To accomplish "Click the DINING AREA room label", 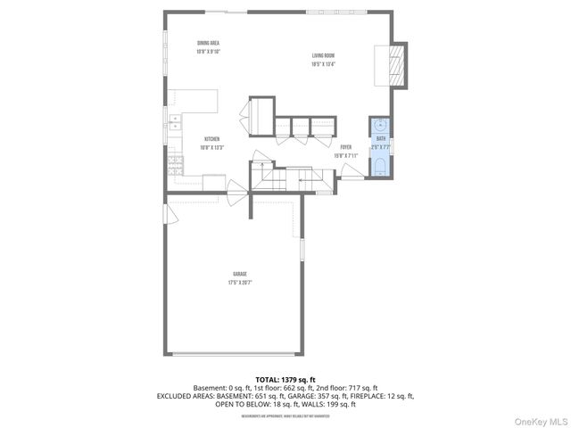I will [208, 43].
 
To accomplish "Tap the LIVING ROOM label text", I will [323, 55].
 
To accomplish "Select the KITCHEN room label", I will [212, 138].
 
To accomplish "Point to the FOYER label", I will [345, 147].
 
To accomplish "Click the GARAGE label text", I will [239, 274].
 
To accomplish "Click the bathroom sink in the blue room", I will [381, 125].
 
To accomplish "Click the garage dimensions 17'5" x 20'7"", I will [239, 282].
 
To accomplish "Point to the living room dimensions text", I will [323, 63].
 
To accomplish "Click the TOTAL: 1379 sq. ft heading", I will [285, 378].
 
